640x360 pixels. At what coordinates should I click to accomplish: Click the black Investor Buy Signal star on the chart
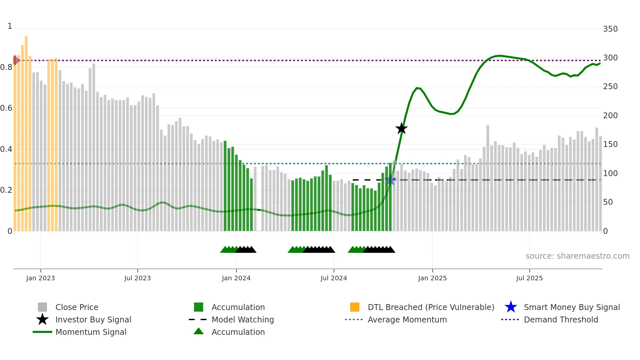coord(401,128)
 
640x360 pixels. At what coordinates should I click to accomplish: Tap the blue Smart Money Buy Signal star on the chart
coord(390,180)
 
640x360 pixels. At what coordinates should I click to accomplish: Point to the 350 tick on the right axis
coord(610,29)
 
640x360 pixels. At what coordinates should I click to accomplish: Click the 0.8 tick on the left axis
coord(7,68)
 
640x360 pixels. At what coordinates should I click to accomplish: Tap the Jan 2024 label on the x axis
coord(236,278)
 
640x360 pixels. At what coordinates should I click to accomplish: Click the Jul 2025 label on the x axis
coord(529,278)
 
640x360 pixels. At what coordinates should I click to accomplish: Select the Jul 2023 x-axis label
coord(137,278)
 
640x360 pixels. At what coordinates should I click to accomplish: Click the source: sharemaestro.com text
coord(577,256)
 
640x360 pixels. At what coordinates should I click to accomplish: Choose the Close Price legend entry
coord(77,307)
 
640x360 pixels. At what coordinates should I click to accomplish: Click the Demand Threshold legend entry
coord(561,320)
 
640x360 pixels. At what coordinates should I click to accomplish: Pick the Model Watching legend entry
coord(243,320)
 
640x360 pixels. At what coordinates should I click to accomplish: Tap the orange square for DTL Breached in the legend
coord(355,307)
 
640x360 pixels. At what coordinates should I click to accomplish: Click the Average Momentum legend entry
coord(407,320)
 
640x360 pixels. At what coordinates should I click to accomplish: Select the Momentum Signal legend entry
coord(91,332)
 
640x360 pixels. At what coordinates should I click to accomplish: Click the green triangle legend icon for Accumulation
coord(199,332)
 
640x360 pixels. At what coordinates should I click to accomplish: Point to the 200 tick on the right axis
coord(610,116)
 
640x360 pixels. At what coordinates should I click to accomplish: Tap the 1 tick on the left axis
coord(10,26)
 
